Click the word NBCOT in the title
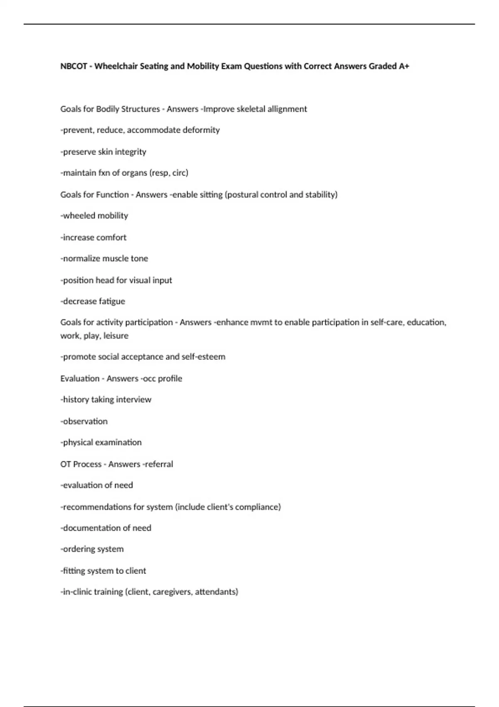click(74, 66)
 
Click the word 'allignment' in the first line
click(287, 109)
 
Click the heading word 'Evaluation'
click(80, 378)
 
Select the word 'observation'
click(85, 421)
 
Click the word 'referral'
click(158, 464)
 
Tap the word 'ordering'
click(78, 549)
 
